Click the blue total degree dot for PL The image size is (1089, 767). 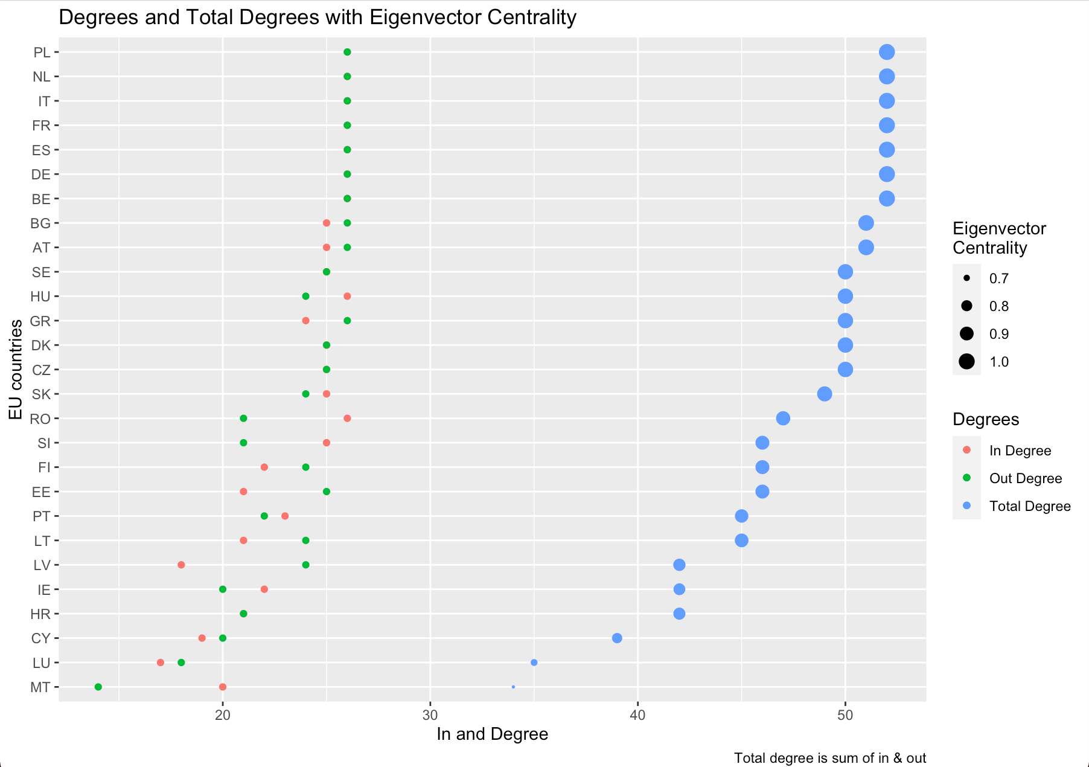point(886,52)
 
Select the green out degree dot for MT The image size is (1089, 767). point(98,687)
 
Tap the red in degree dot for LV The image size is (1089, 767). point(181,565)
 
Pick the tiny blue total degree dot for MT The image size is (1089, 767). point(513,687)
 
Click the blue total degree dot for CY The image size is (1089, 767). point(617,638)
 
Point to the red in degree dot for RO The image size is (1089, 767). point(347,418)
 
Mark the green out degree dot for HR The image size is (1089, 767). point(243,614)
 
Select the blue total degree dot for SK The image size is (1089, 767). point(825,394)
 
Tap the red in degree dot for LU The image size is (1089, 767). point(161,663)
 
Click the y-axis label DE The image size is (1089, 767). point(41,175)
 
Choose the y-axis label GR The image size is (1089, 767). point(40,321)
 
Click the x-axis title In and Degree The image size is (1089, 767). point(493,734)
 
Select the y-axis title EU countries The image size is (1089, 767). point(16,369)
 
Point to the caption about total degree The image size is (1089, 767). point(830,758)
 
